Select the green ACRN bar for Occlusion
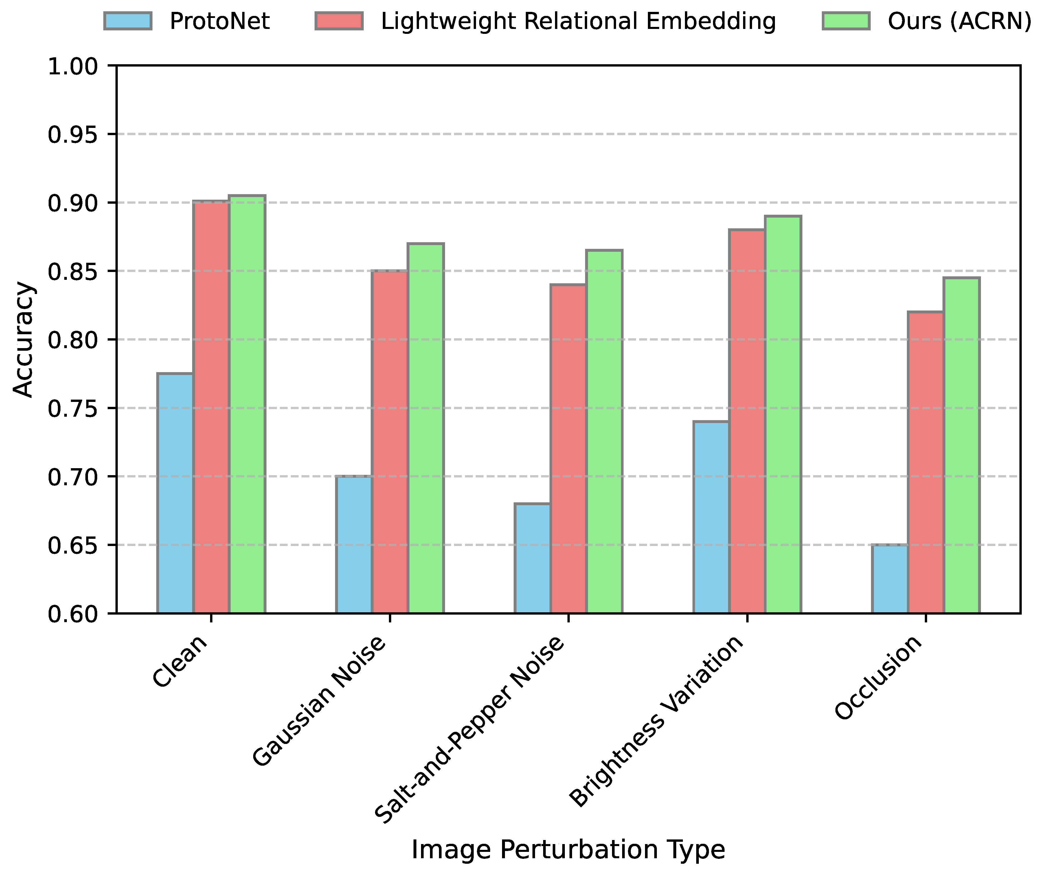click(962, 445)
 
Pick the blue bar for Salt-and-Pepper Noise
click(532, 558)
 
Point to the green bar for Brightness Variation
click(783, 414)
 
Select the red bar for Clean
click(211, 407)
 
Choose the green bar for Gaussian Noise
click(426, 428)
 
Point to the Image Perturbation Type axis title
click(568, 849)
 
